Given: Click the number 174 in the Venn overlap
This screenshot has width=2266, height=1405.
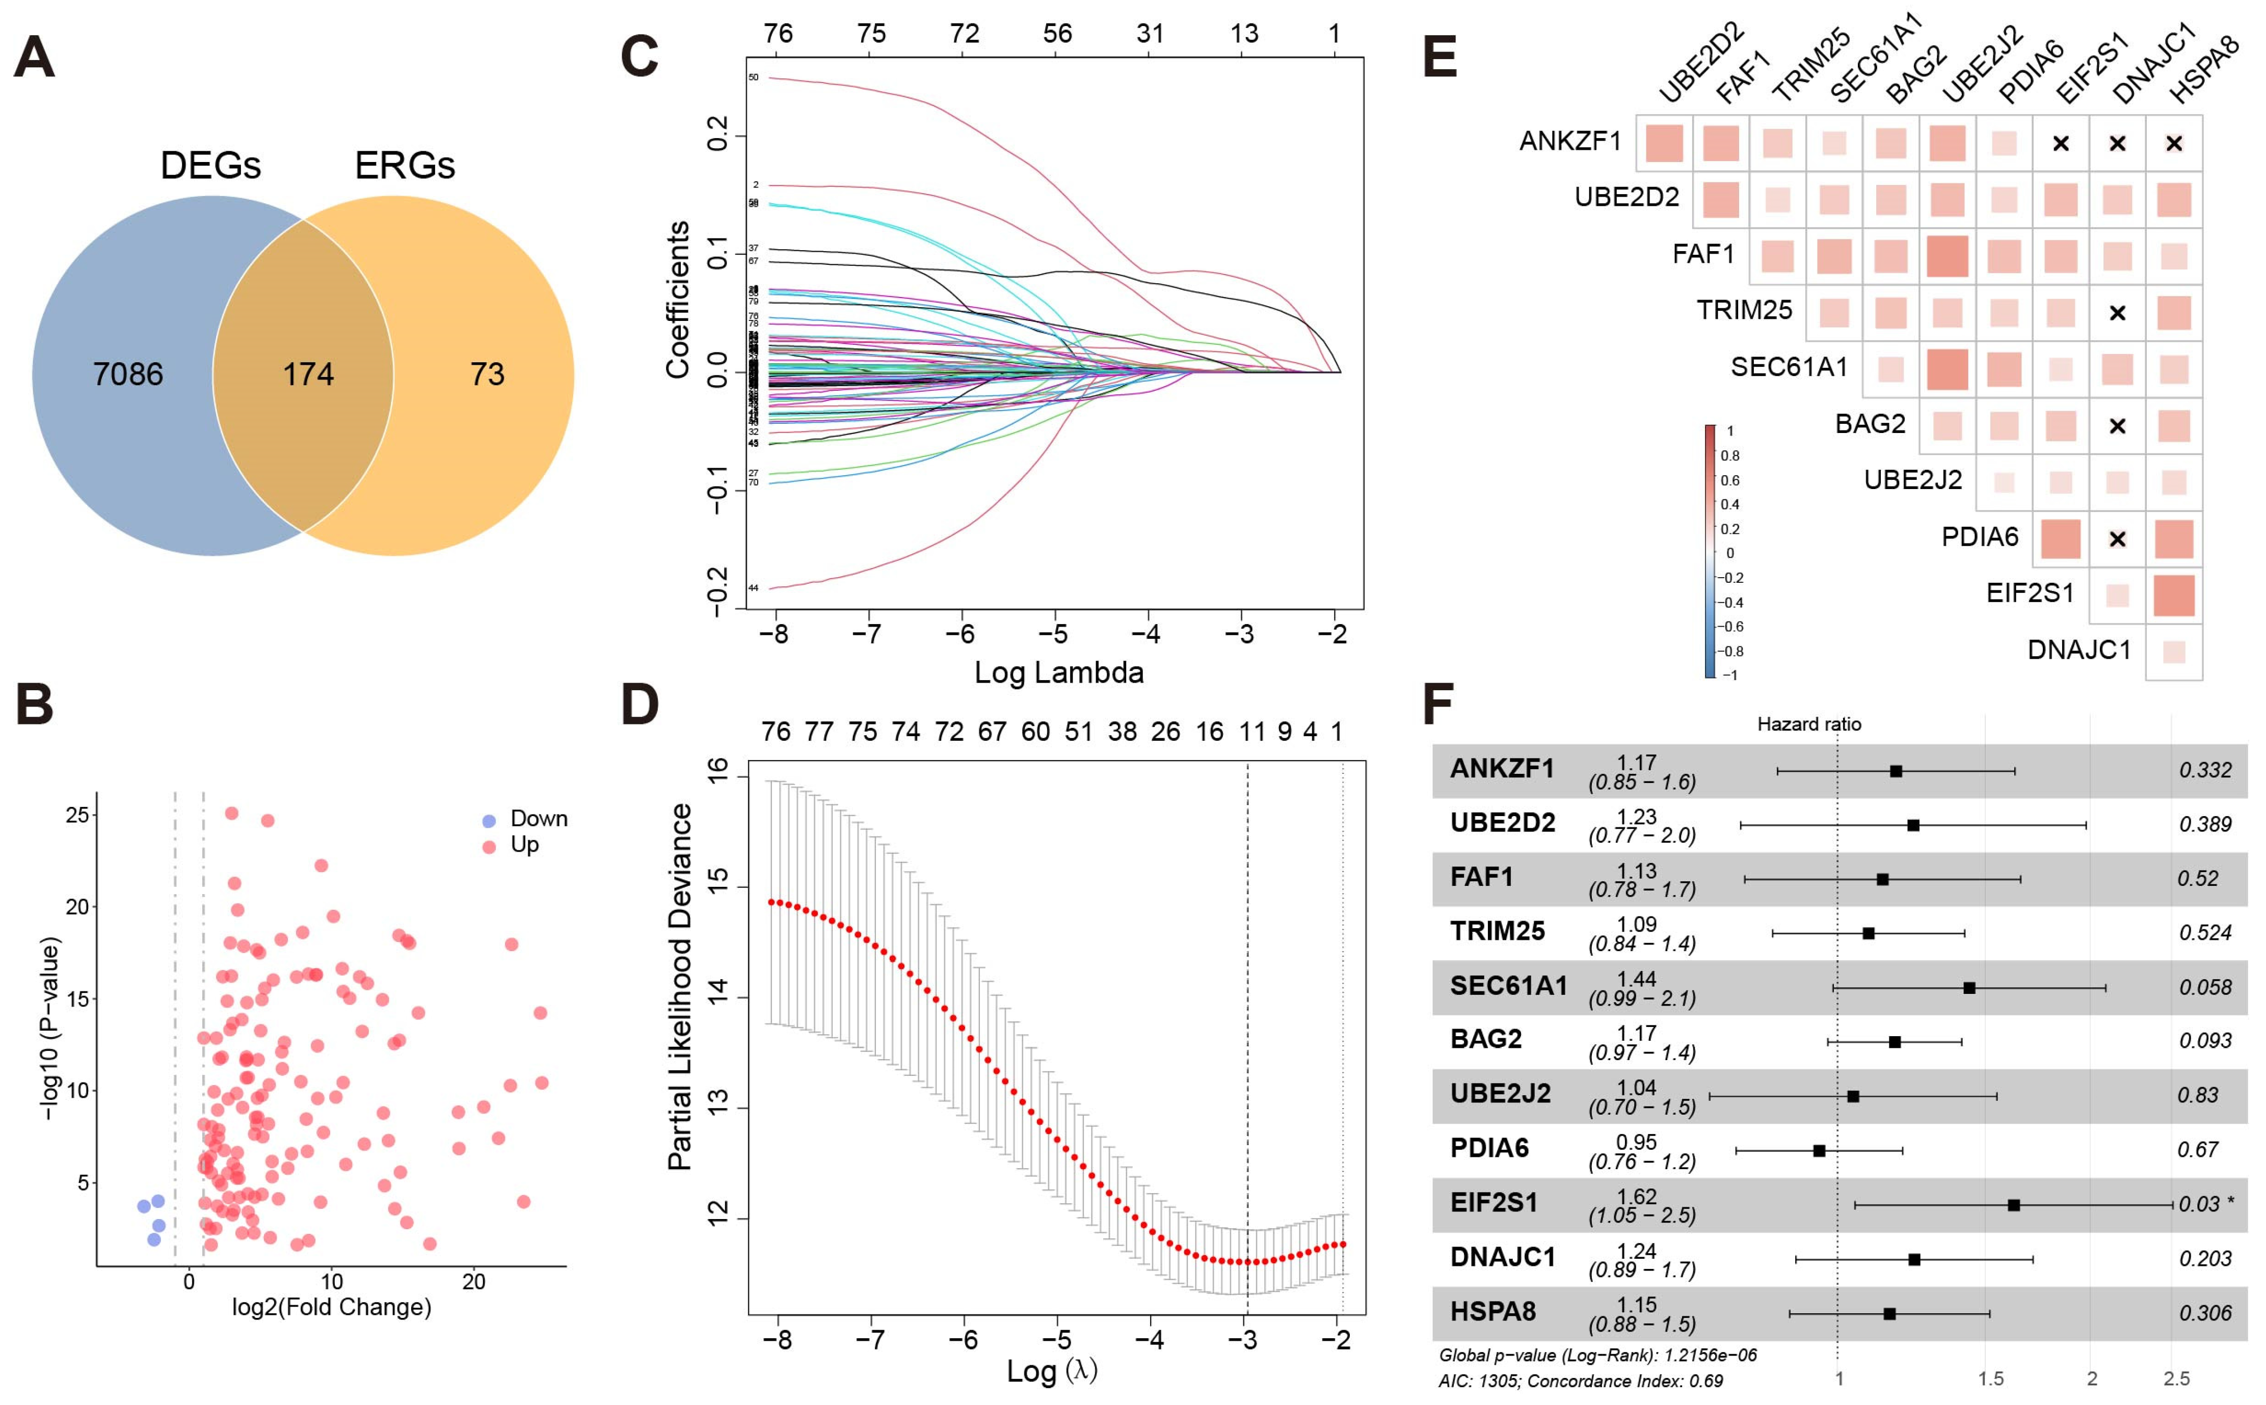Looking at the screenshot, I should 308,374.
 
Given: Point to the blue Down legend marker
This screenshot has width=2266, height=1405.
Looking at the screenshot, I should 489,821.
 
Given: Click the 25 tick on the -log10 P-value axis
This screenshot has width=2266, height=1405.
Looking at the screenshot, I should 77,815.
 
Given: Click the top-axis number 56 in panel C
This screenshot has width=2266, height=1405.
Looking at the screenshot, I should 1057,34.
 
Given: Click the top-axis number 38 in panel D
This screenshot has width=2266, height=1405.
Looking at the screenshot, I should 1122,732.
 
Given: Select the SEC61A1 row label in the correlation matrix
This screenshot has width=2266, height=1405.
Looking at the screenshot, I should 1788,367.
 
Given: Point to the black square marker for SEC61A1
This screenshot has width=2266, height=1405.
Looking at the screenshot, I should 1968,988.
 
